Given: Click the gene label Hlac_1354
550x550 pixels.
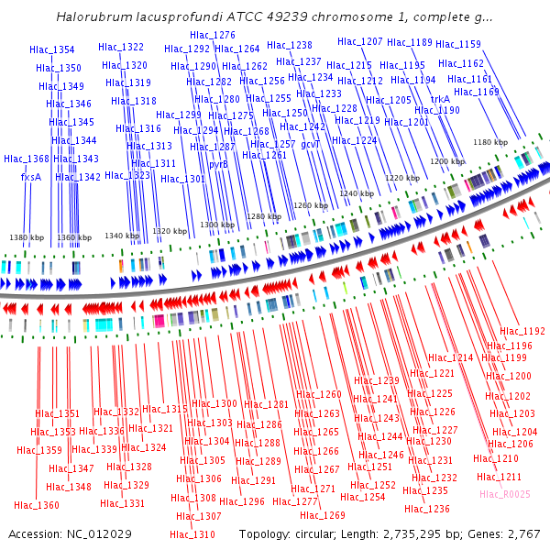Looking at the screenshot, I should click(52, 49).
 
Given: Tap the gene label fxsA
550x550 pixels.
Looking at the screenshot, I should click(31, 177).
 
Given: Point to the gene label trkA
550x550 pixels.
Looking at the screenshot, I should click(440, 98).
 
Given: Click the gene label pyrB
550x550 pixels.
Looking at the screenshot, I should click(219, 165).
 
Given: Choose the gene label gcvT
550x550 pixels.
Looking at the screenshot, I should click(311, 144).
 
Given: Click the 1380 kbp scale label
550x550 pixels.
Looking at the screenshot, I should click(27, 237).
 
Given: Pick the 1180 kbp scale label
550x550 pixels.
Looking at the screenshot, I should click(489, 142).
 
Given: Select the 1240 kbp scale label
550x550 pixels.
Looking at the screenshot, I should click(357, 193).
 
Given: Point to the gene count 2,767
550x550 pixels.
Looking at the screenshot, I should click(521, 533).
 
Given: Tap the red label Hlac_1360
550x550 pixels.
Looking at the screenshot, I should click(37, 505).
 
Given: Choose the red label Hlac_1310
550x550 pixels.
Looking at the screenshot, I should click(192, 534).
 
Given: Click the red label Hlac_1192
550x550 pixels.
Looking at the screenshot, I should click(522, 331).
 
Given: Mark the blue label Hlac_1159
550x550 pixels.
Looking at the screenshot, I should click(458, 44).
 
